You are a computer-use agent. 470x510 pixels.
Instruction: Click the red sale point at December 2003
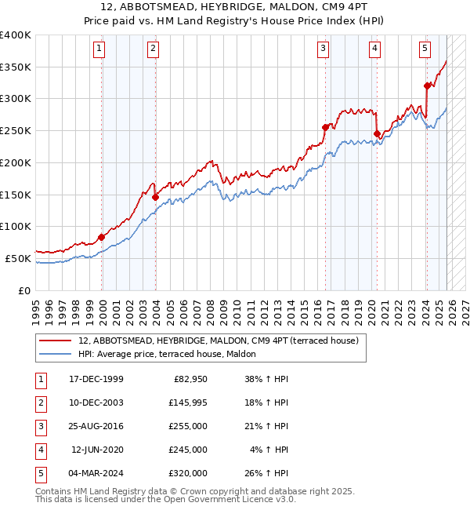pyautogui.click(x=155, y=197)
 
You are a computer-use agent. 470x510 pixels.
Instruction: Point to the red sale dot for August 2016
pyautogui.click(x=325, y=127)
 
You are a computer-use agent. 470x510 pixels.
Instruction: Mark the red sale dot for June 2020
pyautogui.click(x=376, y=133)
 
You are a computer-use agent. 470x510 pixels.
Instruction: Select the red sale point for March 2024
pyautogui.click(x=427, y=86)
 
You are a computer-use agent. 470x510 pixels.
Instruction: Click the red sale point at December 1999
pyautogui.click(x=102, y=237)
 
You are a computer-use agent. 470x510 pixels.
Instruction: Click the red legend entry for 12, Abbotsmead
pyautogui.click(x=218, y=341)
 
